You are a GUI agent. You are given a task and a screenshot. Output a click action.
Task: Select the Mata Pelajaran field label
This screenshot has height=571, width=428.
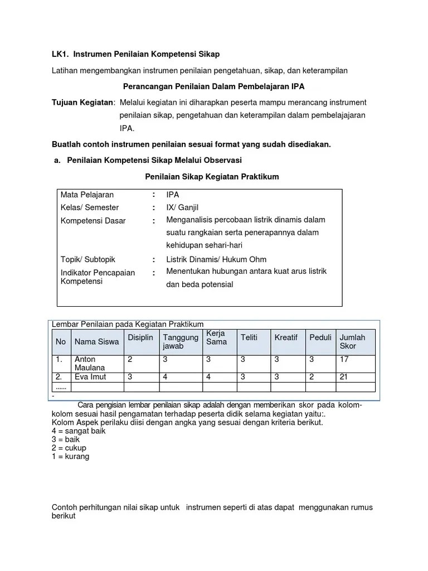87,195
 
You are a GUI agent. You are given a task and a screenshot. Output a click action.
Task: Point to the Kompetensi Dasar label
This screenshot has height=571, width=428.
93,221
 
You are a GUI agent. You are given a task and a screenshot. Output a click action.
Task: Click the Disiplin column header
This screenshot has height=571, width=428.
140,337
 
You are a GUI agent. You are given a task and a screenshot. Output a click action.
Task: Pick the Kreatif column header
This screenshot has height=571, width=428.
286,337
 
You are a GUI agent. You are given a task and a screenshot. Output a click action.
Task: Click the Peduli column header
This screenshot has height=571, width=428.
320,337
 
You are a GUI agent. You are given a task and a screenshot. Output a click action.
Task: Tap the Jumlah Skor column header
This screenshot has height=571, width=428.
352,341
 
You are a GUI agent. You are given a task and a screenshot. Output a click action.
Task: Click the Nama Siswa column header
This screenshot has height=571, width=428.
96,341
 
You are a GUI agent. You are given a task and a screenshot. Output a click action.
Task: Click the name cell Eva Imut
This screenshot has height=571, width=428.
90,377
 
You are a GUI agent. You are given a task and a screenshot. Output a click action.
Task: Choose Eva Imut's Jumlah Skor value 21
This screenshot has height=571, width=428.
344,377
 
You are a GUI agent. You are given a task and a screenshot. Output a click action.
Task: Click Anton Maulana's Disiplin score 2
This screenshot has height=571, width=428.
130,360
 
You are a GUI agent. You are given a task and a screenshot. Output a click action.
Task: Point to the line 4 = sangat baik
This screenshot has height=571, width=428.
79,430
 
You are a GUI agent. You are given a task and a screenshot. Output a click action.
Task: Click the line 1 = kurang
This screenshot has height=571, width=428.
70,456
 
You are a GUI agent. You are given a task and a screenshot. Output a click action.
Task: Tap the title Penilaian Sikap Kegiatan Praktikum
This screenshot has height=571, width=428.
212,177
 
